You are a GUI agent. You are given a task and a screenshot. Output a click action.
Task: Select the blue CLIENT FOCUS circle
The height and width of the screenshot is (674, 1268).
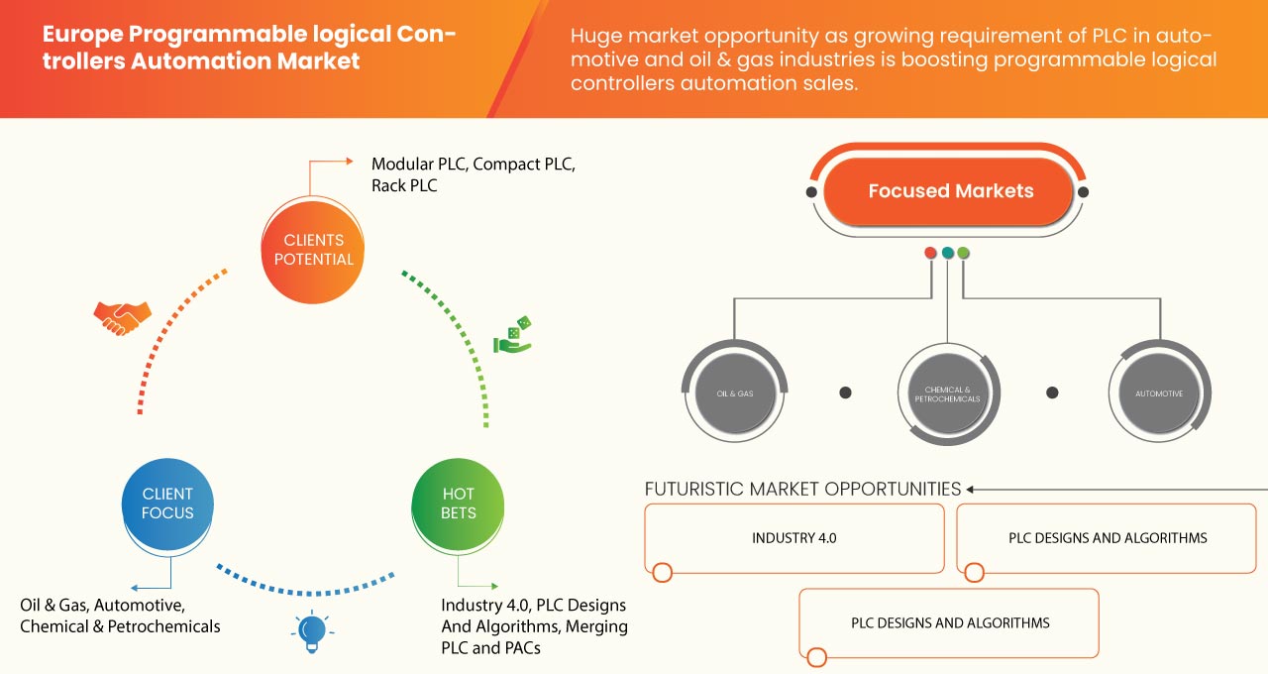(x=167, y=504)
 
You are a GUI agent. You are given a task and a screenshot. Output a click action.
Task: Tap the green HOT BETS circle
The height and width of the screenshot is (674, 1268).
(x=459, y=504)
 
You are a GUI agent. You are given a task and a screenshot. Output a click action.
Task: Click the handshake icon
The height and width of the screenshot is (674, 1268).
(x=122, y=317)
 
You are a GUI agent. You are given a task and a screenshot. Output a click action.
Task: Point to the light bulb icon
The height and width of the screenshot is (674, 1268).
(x=312, y=630)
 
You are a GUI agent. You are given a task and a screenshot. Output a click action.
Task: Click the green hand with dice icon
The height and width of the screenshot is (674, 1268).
(x=512, y=336)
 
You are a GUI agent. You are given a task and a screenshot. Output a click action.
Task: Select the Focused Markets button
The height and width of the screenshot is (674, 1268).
(x=950, y=191)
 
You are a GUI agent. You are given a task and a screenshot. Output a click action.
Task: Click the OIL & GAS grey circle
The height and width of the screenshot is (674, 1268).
(x=735, y=393)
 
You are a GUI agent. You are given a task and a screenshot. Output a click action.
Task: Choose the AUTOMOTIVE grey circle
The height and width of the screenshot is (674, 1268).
(x=1158, y=393)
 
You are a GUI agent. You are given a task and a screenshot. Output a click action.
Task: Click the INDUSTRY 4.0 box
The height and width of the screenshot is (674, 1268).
(x=793, y=538)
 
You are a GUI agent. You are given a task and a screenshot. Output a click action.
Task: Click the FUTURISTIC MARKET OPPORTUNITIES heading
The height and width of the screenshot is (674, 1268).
(x=802, y=489)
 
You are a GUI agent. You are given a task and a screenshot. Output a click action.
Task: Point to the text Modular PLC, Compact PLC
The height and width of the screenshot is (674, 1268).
(x=473, y=164)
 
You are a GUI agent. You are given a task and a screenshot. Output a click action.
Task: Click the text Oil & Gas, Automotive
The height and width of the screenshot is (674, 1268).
(x=101, y=605)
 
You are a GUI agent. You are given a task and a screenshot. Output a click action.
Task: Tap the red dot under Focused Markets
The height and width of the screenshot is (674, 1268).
(x=930, y=253)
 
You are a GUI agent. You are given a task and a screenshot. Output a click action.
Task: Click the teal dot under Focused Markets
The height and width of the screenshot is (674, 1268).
(x=948, y=253)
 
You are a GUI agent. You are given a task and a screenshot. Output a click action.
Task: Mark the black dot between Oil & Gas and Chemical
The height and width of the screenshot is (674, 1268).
(x=845, y=393)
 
